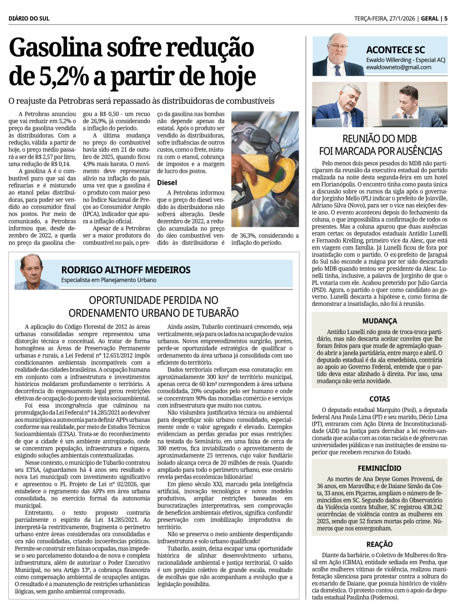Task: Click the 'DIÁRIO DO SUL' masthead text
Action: pyautogui.click(x=29, y=19)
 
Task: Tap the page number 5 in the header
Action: pyautogui.click(x=446, y=19)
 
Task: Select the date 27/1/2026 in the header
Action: pyautogui.click(x=401, y=19)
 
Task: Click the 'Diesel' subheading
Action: pyautogui.click(x=167, y=182)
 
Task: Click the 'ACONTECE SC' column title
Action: pyautogui.click(x=395, y=50)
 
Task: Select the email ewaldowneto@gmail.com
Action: pyautogui.click(x=399, y=67)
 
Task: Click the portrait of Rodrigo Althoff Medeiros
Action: pyautogui.click(x=33, y=273)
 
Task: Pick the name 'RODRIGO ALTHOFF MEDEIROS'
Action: pyautogui.click(x=126, y=270)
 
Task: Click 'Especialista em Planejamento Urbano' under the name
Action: pyautogui.click(x=109, y=280)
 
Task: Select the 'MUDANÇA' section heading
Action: pyautogui.click(x=379, y=321)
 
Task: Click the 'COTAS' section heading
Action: pyautogui.click(x=379, y=399)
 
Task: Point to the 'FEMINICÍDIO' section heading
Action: pyautogui.click(x=379, y=468)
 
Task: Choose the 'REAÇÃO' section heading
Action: pyautogui.click(x=379, y=544)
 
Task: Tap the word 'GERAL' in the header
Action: pyautogui.click(x=430, y=19)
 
